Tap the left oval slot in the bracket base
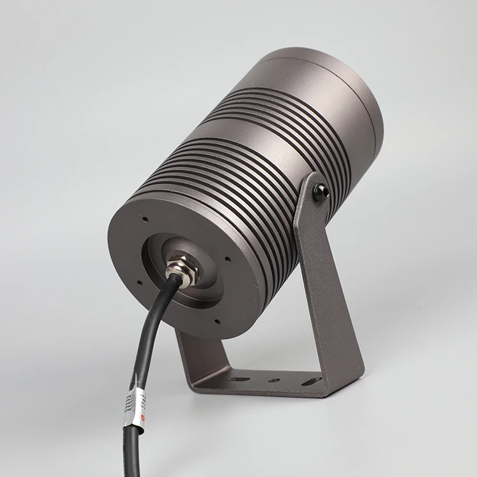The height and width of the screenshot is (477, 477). (238, 380)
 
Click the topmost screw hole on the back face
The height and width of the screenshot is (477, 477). (146, 220)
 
